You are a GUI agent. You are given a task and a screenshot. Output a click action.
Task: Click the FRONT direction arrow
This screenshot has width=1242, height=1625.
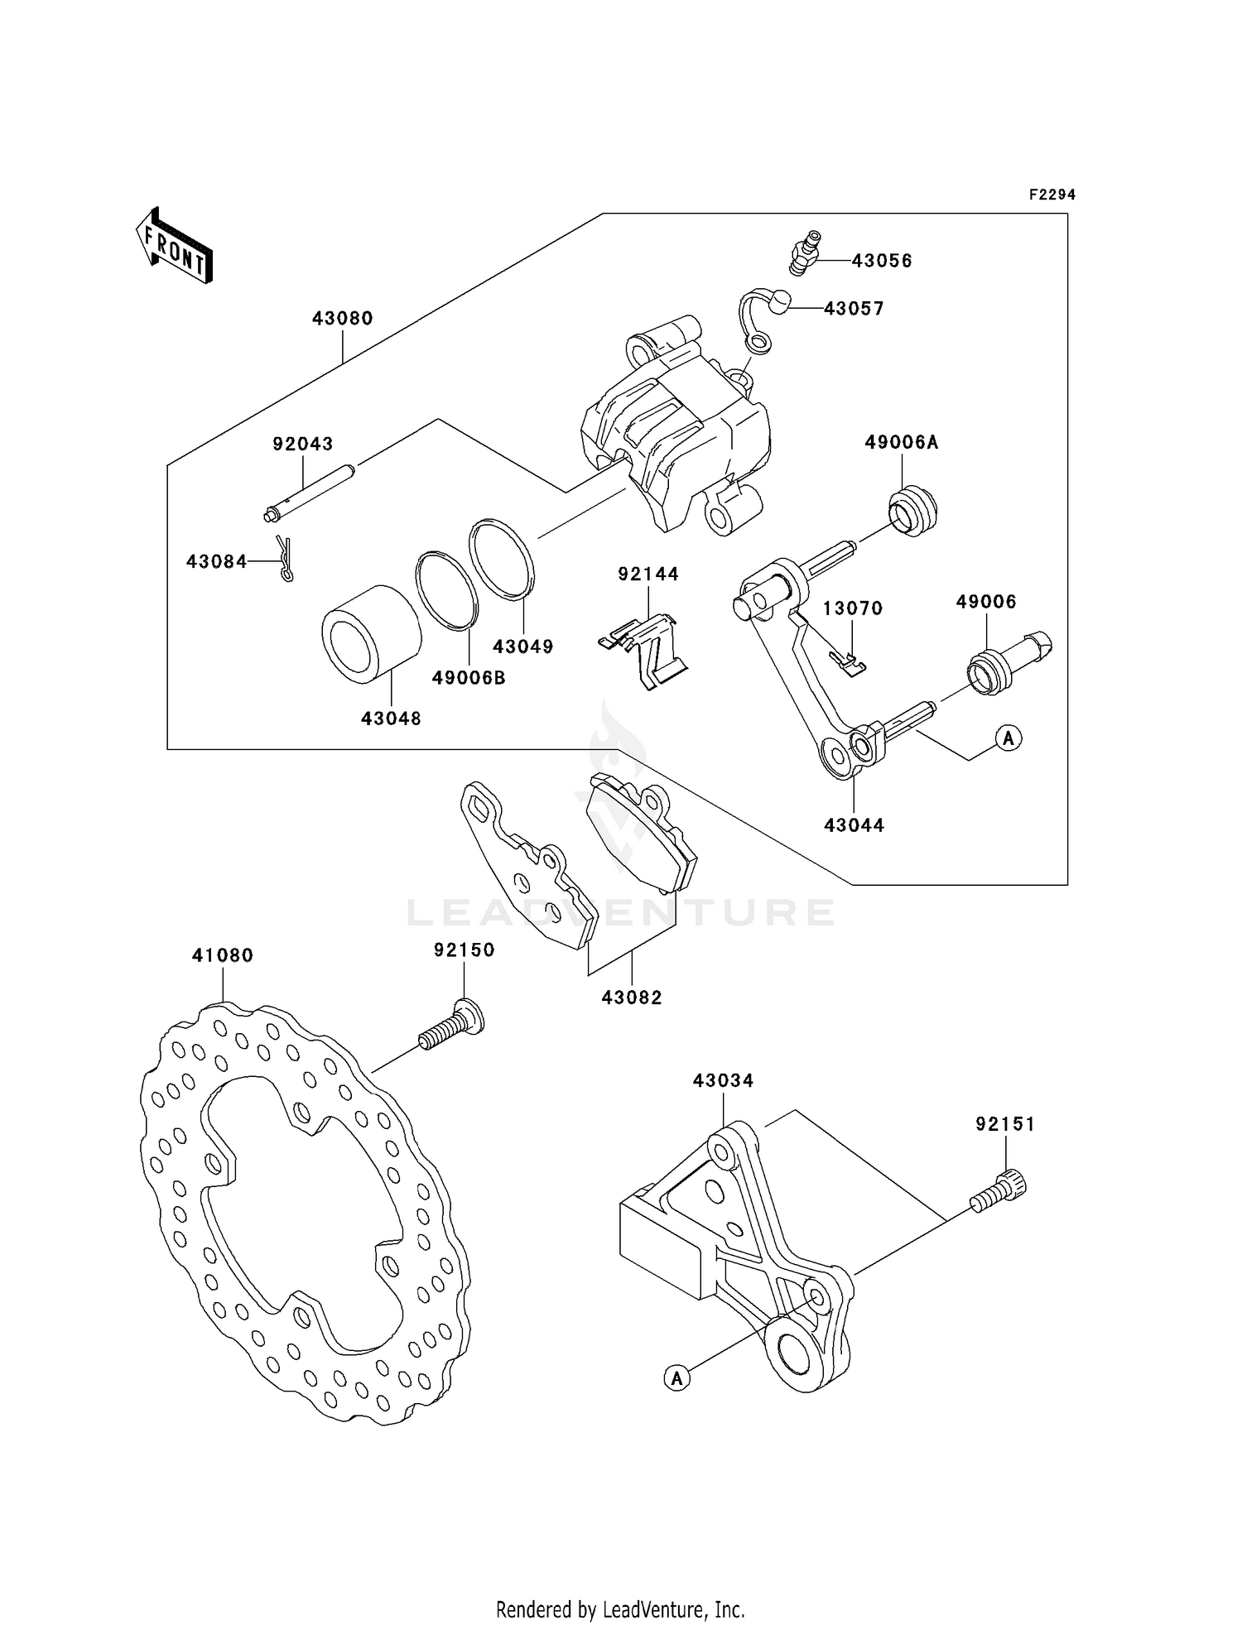pos(175,246)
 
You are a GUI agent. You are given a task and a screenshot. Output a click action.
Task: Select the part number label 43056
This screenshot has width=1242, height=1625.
pos(882,261)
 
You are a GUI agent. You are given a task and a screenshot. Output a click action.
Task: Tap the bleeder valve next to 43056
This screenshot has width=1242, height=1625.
pos(803,253)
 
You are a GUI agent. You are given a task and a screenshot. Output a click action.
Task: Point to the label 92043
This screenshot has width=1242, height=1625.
pos(302,445)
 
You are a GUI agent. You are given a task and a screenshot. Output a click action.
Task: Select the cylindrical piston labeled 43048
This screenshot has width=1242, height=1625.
pos(371,634)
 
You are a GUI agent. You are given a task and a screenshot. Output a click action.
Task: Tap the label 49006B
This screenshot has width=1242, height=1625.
pos(469,679)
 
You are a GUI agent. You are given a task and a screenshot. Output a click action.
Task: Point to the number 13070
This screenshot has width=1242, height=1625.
pos(852,608)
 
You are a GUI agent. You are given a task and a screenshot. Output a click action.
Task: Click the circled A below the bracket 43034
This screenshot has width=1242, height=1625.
pos(676,1377)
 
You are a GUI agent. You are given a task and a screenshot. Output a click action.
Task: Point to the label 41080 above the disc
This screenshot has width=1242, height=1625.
pos(222,955)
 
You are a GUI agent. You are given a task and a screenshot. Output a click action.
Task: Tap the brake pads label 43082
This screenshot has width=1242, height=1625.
pos(632,998)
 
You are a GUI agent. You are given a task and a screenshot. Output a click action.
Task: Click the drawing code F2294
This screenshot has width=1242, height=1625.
pos(1052,195)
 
